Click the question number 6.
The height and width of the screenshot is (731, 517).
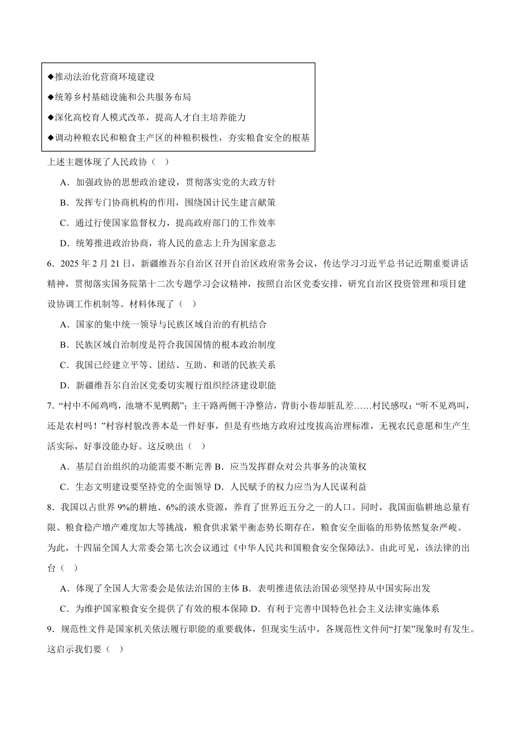50,264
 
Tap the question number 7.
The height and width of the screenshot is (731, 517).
50,406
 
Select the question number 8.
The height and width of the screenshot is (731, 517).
50,507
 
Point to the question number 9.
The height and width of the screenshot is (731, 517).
50,629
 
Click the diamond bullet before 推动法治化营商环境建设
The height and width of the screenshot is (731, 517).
51,77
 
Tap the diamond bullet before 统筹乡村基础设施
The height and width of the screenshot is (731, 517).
51,97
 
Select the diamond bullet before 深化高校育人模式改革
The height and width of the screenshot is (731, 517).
51,117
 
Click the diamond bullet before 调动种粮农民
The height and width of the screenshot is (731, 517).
51,138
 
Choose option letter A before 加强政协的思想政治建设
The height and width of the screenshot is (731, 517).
64,182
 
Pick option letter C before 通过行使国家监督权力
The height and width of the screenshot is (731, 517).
64,223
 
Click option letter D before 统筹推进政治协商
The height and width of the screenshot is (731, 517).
64,243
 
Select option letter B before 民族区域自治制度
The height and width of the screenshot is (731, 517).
64,345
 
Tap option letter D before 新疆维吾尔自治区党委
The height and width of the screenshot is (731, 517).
64,386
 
